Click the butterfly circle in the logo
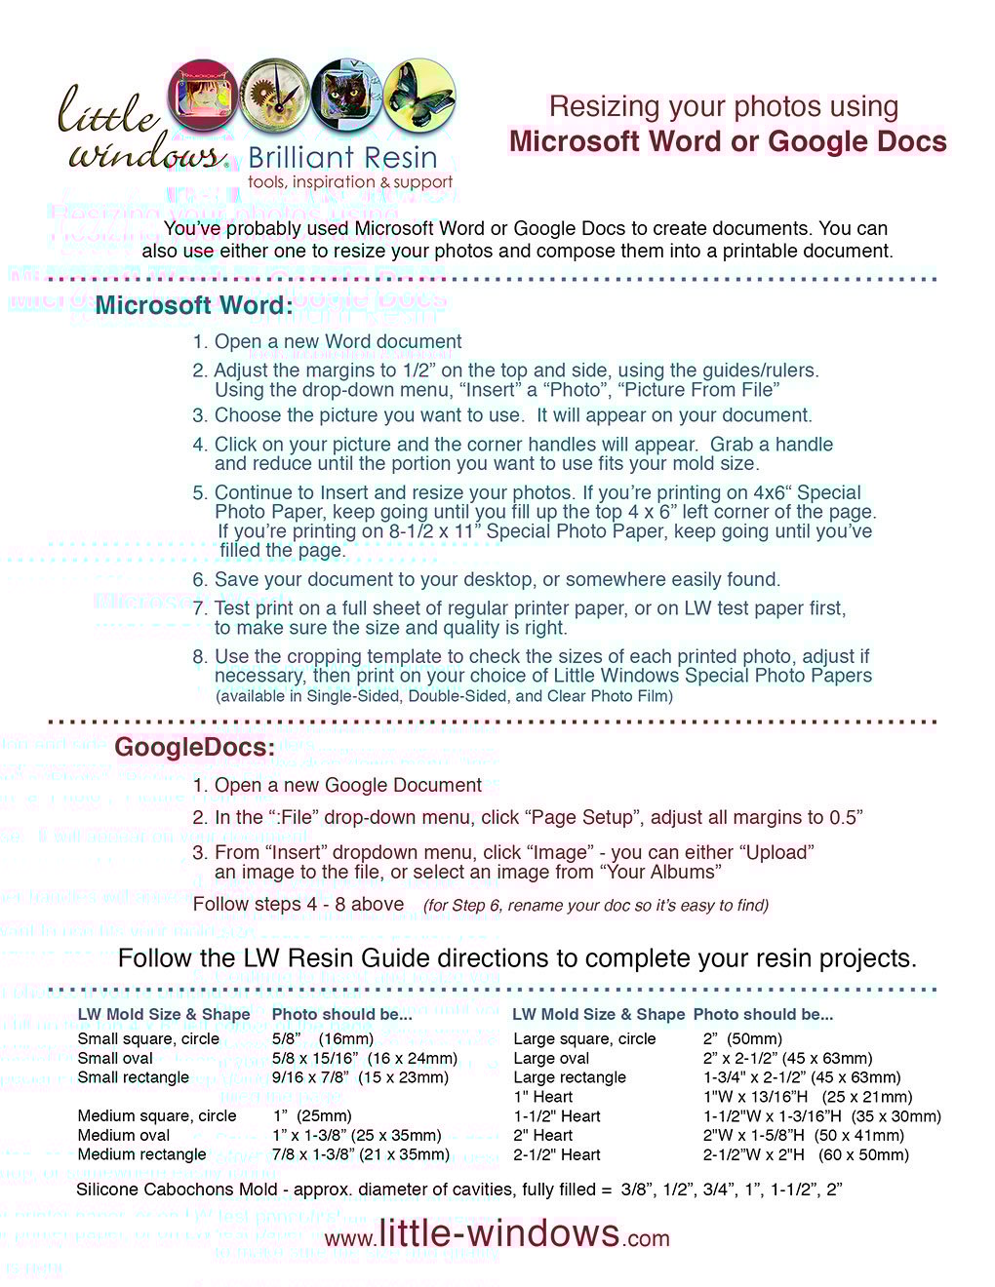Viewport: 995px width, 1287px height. point(419,95)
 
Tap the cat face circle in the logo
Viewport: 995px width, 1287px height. point(346,95)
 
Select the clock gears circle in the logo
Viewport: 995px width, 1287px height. point(275,95)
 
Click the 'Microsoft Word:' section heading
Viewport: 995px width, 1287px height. point(194,305)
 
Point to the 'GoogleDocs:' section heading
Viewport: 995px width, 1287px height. point(194,748)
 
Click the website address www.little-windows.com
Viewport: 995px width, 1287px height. point(497,1234)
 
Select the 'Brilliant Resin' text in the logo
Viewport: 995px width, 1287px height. point(342,158)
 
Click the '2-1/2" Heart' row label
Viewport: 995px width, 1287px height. point(557,1154)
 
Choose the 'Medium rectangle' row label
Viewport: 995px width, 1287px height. point(141,1154)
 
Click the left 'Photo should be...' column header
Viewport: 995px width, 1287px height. point(341,1014)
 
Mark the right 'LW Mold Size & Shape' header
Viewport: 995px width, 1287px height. point(598,1014)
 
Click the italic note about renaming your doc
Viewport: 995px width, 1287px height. point(595,906)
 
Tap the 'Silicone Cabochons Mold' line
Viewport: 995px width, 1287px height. point(458,1189)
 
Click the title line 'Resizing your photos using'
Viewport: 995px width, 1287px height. point(724,106)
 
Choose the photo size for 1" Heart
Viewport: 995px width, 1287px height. point(808,1097)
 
